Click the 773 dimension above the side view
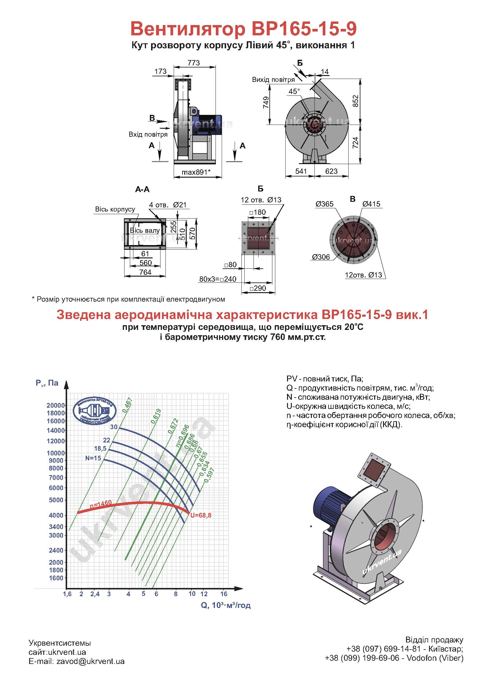point(194,63)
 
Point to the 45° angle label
point(294,92)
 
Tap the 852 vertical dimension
point(356,101)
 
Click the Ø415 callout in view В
point(371,204)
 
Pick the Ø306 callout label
point(321,257)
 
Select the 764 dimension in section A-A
point(145,272)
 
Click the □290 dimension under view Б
point(258,288)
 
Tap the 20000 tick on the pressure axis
point(56,405)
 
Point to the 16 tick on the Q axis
point(224,594)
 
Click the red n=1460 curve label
point(101,504)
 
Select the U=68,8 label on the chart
point(201,515)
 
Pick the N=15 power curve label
point(93,458)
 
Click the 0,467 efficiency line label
point(127,404)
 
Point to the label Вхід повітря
point(148,134)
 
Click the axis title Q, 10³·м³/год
point(226,605)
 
